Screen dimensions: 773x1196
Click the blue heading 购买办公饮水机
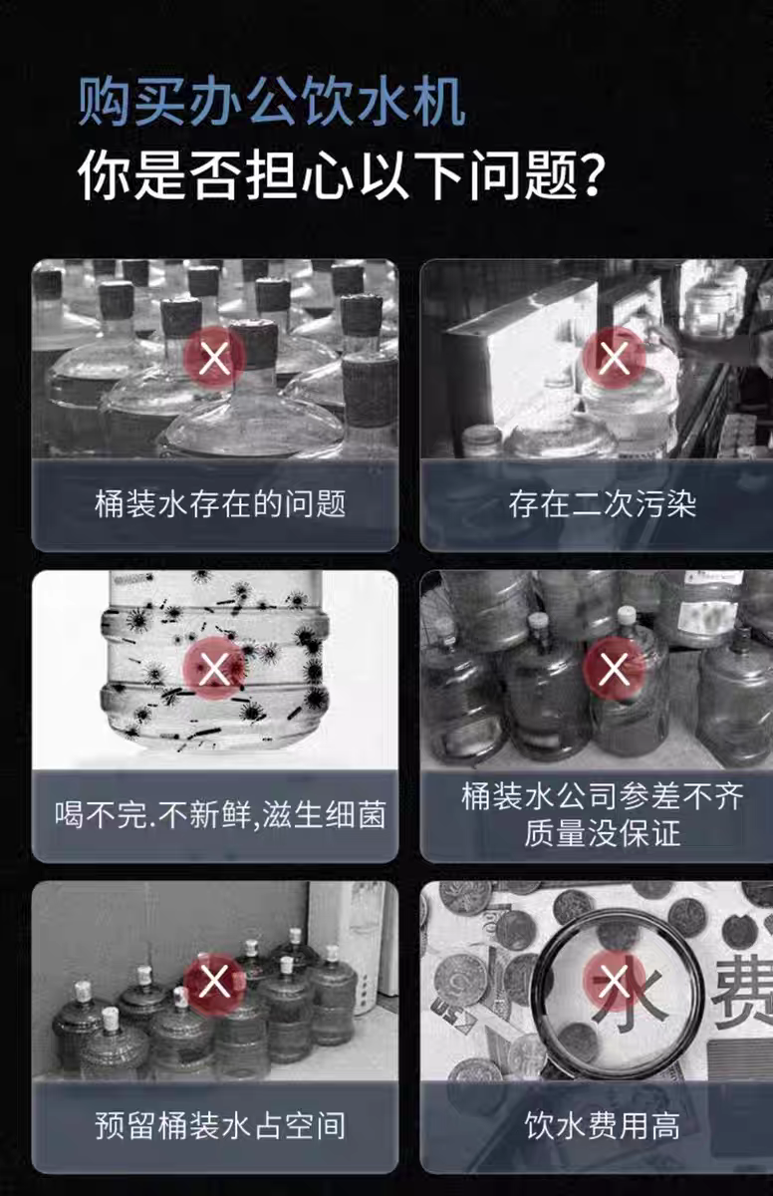(x=272, y=102)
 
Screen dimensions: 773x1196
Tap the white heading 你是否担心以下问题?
(x=343, y=174)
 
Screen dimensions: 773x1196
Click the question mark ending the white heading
(x=592, y=174)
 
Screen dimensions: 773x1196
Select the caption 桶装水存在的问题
(x=220, y=504)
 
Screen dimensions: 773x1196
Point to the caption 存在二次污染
(x=603, y=504)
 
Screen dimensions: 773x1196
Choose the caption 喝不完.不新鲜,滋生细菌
(x=220, y=815)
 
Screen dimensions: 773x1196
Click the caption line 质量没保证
(x=603, y=833)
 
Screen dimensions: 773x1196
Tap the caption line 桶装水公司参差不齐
(x=603, y=796)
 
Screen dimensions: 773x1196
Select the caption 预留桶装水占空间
(x=220, y=1125)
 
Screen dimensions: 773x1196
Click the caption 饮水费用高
(x=603, y=1125)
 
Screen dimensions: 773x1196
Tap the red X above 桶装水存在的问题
(x=214, y=358)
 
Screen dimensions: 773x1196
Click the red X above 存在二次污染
(x=614, y=358)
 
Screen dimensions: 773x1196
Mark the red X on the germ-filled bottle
(x=214, y=669)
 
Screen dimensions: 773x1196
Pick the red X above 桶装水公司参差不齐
(x=614, y=669)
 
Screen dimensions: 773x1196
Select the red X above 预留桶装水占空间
(x=214, y=980)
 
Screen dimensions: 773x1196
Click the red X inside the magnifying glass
(x=614, y=980)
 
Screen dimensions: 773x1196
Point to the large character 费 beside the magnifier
(x=743, y=993)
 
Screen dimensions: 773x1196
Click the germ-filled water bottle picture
(x=214, y=670)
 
